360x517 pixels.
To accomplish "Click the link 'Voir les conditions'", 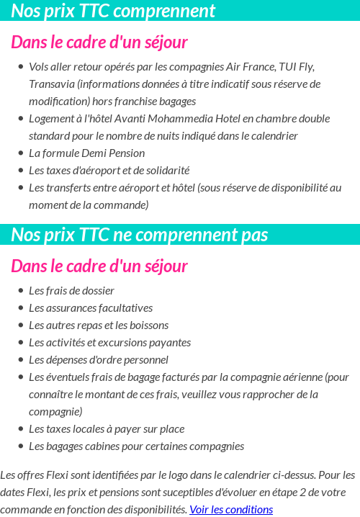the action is click(x=231, y=510).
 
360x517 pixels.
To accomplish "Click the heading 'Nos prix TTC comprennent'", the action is click(x=113, y=11).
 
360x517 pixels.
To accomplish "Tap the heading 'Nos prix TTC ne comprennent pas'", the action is click(x=140, y=235).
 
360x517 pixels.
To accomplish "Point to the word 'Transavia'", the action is click(x=52, y=84).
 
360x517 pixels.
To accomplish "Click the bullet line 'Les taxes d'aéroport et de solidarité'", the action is click(x=109, y=171).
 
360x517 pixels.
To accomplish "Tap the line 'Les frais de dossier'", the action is click(x=71, y=291).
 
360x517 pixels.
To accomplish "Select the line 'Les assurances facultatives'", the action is click(x=91, y=308).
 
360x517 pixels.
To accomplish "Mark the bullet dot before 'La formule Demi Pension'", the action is click(x=20, y=153).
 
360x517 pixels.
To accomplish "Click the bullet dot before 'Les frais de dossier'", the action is click(x=20, y=291).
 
